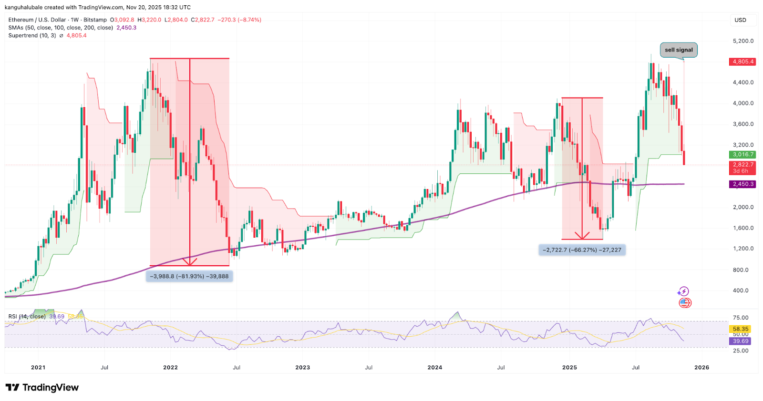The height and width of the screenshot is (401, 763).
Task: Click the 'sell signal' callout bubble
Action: [x=679, y=50]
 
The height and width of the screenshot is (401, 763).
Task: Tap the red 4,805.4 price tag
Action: [x=742, y=62]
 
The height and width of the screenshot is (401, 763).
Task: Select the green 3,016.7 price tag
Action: [x=742, y=155]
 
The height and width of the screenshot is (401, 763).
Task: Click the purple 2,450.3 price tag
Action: [x=742, y=184]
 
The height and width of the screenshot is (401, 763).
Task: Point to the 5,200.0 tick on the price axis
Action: [x=743, y=41]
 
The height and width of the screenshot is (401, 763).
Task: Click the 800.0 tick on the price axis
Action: [x=743, y=270]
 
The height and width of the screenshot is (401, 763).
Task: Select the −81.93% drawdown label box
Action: [x=189, y=276]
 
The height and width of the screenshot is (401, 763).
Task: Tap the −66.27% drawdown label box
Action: [x=582, y=250]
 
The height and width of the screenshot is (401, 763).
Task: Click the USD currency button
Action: [x=740, y=20]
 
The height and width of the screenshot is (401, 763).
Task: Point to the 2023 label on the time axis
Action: [x=302, y=368]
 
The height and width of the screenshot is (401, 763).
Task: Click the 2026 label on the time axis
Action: [x=701, y=368]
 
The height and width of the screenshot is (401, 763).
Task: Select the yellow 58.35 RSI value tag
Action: [x=740, y=329]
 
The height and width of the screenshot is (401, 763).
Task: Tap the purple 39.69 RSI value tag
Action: [x=740, y=341]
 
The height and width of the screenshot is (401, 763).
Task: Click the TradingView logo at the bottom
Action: [x=42, y=388]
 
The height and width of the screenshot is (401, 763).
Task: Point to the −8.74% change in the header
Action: [x=251, y=20]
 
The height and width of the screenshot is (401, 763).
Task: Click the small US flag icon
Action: [x=685, y=302]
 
